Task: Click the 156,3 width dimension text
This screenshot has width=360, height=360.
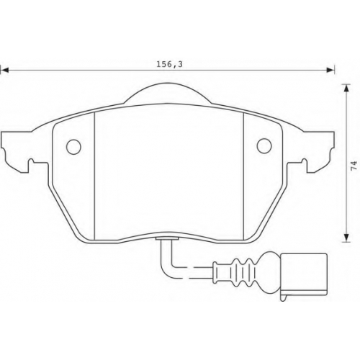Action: (x=169, y=64)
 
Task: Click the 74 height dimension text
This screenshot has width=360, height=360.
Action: (x=354, y=166)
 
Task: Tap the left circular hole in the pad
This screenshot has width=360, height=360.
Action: (x=73, y=147)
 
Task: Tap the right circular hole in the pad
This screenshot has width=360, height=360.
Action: (x=264, y=145)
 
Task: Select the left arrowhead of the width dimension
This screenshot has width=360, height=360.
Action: (x=4, y=71)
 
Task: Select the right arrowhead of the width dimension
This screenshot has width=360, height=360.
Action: (x=330, y=71)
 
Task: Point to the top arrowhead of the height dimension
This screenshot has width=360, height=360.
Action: (x=346, y=88)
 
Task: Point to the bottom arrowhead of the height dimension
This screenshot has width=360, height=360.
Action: (x=346, y=238)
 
